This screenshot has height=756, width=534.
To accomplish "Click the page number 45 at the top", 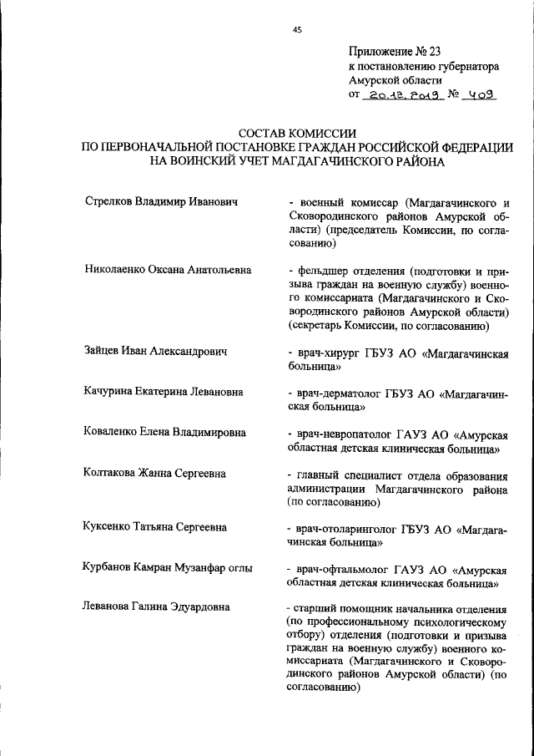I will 297,30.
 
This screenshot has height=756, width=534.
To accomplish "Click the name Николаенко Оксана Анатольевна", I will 168,271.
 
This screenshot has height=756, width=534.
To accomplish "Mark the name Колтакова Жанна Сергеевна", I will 154,474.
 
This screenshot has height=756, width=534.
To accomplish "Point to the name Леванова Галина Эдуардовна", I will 157,606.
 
